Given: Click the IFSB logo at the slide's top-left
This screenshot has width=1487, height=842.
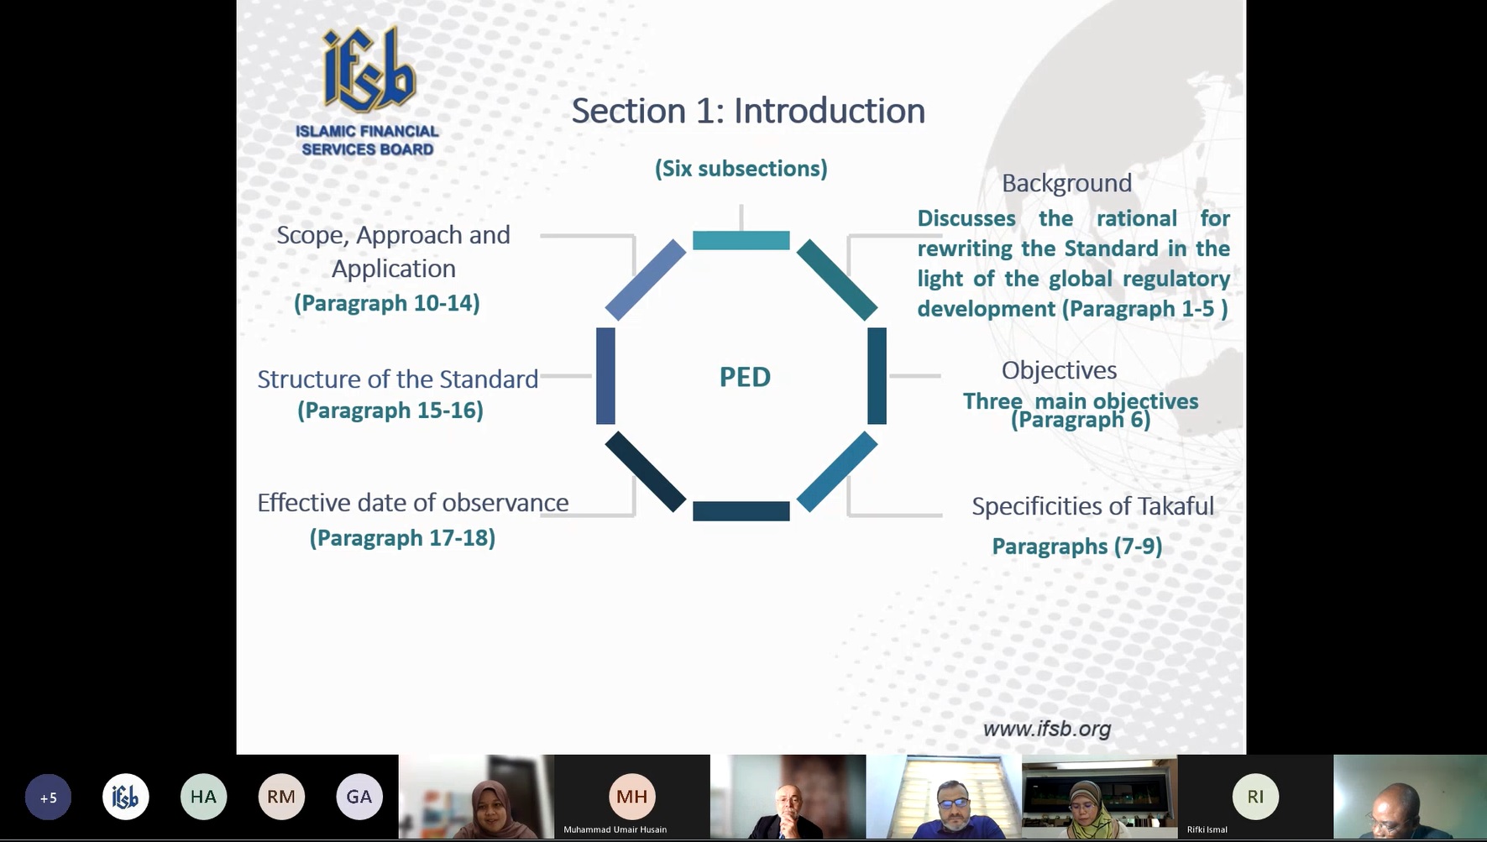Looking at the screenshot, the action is [368, 91].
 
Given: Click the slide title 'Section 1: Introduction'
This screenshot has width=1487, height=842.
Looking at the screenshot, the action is [748, 111].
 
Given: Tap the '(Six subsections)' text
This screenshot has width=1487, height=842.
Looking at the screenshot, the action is [741, 169].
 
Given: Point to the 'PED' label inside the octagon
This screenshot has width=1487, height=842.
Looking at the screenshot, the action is [745, 377].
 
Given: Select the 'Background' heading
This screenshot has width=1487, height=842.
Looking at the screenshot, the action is [1066, 183].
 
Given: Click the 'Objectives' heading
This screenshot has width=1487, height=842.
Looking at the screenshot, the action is [1059, 370].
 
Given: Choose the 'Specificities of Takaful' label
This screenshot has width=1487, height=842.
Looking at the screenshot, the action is [1092, 506].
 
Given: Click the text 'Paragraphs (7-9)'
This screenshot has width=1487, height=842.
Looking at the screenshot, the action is [1077, 547].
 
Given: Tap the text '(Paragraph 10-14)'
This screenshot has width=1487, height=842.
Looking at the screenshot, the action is [387, 303].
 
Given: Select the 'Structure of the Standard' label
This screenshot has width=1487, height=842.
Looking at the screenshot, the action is [397, 379].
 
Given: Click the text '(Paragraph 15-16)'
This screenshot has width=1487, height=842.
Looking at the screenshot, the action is [390, 411].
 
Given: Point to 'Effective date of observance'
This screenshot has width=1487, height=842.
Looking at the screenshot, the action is [413, 503].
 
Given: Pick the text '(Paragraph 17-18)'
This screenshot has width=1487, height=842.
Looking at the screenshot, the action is [402, 538].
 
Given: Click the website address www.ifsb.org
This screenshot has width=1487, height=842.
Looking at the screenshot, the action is [1047, 729].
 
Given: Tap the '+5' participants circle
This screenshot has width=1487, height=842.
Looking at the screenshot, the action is [49, 797].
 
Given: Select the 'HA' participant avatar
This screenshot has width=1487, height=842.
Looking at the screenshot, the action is [203, 797].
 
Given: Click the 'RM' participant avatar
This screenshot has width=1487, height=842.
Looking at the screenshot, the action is [281, 797].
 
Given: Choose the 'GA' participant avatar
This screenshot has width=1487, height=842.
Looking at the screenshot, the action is [359, 797].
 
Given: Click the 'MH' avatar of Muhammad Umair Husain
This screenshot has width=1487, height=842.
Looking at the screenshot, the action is [632, 796].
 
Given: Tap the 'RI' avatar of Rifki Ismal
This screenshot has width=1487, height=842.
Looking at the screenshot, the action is [1255, 796].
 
